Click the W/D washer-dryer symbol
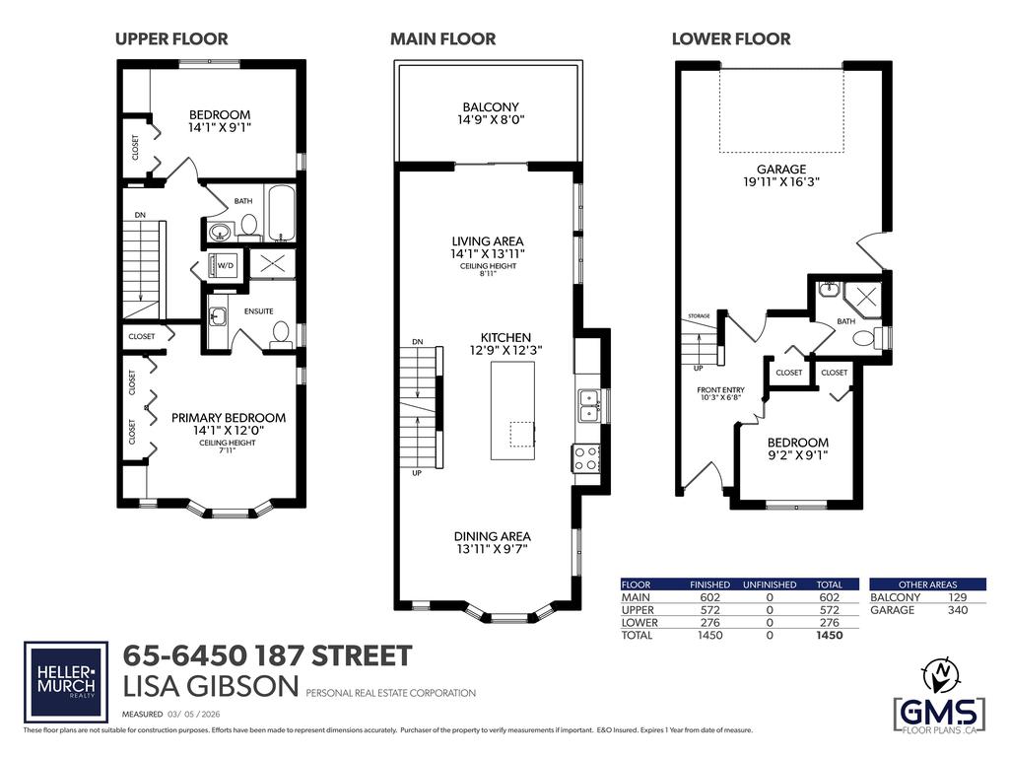(x=226, y=264)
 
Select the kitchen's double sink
(x=588, y=405)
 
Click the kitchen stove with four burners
(x=586, y=457)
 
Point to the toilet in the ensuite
(x=281, y=332)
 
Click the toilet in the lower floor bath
(x=863, y=338)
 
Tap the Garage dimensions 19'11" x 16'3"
(x=781, y=181)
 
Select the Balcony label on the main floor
(x=490, y=107)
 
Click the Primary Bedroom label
(x=229, y=418)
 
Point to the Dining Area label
(x=491, y=536)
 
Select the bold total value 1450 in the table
(x=830, y=637)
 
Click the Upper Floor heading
(x=171, y=39)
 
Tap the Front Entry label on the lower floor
(x=720, y=390)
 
